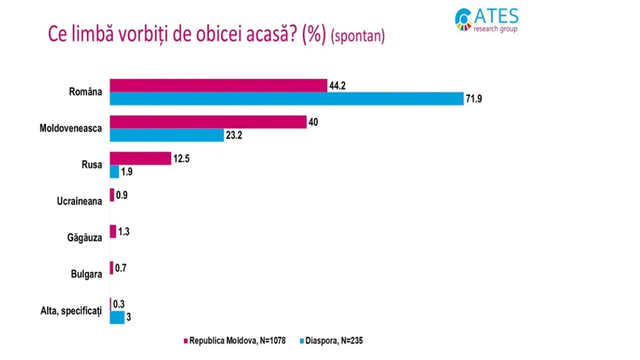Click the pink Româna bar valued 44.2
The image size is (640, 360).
tap(218, 85)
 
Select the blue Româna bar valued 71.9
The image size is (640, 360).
tap(286, 98)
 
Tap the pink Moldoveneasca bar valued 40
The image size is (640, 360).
tap(208, 122)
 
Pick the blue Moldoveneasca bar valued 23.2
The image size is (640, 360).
tap(166, 135)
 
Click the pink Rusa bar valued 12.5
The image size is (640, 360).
tap(140, 158)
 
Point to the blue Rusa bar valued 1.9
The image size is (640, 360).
tap(114, 171)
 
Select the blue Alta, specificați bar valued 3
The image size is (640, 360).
tap(117, 317)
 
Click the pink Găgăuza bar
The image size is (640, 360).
tap(113, 231)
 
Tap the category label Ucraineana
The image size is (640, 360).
tap(79, 201)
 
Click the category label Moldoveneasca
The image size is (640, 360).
tap(70, 128)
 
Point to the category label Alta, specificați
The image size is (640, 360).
tap(71, 310)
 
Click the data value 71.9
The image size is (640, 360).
tap(473, 99)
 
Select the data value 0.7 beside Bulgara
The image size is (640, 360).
tap(120, 268)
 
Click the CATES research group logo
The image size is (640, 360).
tap(486, 19)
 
